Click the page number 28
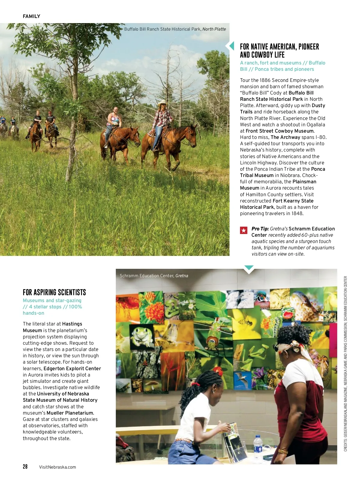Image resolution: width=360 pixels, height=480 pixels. (25, 466)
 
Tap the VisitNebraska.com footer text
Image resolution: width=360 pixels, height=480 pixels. (57, 467)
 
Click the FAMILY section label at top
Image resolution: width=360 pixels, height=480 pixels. (31, 16)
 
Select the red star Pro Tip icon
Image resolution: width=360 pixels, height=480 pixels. (244, 230)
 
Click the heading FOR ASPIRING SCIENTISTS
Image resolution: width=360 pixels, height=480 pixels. (54, 292)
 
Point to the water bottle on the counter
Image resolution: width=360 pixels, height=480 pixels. (258, 447)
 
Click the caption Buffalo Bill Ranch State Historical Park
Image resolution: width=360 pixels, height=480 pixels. (175, 29)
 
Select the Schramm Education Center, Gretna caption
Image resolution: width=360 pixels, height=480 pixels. (154, 276)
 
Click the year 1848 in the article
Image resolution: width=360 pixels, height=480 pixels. (297, 214)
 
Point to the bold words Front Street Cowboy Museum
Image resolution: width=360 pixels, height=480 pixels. (280, 131)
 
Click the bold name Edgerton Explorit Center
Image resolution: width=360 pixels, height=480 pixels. (72, 368)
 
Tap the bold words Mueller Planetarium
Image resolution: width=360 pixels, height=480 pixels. (70, 413)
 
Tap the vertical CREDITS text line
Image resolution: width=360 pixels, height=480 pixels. (346, 363)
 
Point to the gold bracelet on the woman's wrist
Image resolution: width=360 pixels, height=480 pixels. (283, 451)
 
